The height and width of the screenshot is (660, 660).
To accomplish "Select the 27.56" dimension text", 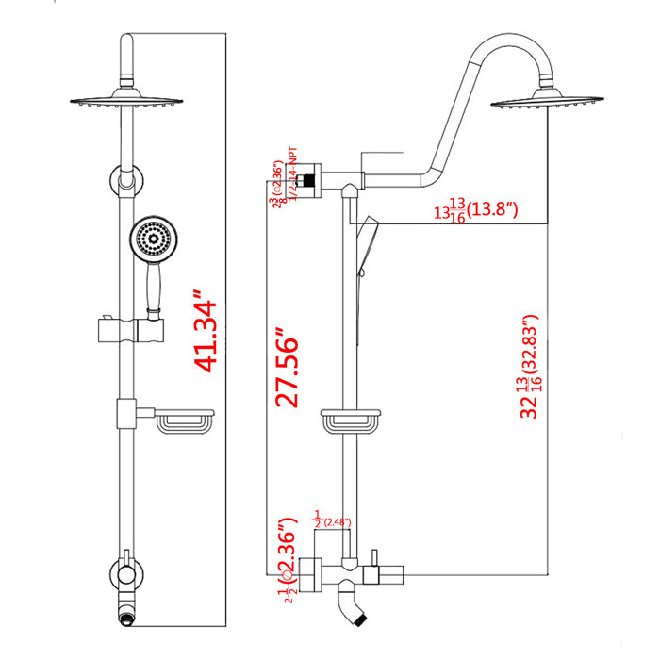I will (287, 369).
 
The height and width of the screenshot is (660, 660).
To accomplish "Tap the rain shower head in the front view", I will (124, 101).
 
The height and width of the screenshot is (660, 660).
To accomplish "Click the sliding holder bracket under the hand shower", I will (131, 330).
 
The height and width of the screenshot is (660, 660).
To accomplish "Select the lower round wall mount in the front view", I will (124, 571).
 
